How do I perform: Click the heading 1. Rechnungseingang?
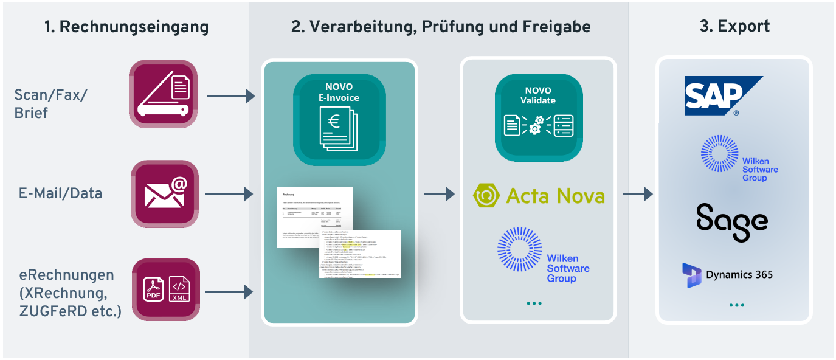point(126,27)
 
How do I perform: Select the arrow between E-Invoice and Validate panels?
point(439,194)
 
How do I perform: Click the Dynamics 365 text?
point(739,275)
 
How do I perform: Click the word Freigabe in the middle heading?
point(556,27)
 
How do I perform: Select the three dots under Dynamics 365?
point(736,305)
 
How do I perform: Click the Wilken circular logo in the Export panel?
point(719,153)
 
